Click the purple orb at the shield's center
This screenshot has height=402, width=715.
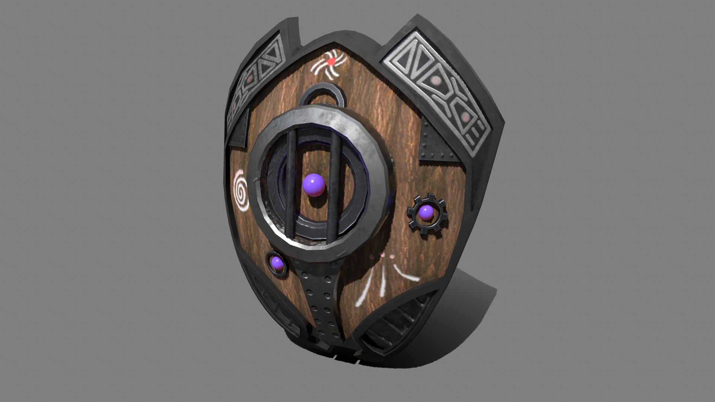pos(313,185)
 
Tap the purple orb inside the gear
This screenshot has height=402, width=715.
pos(426,213)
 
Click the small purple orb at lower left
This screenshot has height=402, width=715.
pos(277,264)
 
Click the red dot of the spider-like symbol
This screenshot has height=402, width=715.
pos(331,62)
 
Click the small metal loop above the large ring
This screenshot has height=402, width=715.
pos(322,95)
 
